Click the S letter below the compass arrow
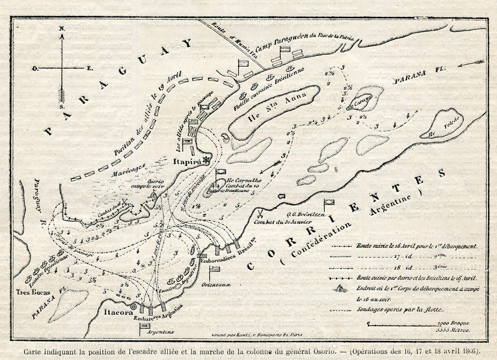tap(61, 106)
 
